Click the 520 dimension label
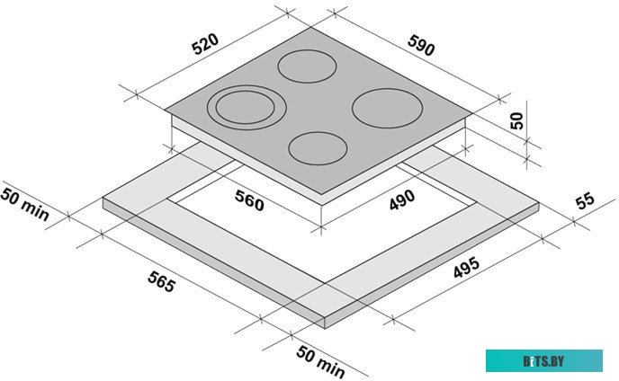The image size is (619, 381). point(205,44)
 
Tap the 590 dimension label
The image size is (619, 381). point(421,45)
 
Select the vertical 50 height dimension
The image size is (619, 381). point(516,120)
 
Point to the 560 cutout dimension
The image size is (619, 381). point(249,200)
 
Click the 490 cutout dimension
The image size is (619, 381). point(402,200)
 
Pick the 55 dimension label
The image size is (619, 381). point(585,200)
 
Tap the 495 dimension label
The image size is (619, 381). point(466,268)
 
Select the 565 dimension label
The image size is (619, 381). point(161,281)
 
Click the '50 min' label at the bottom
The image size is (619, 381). point(320,362)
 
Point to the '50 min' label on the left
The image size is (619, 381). point(24,205)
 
